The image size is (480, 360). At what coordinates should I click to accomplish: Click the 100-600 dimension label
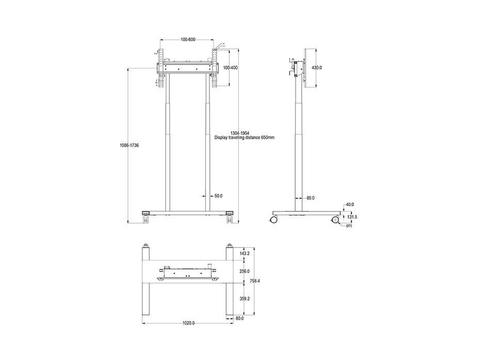click(187, 40)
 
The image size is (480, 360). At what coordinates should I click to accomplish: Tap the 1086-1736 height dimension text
click(129, 145)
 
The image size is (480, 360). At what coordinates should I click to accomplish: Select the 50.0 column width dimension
click(218, 195)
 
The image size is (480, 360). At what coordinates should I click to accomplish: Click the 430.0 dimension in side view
click(316, 68)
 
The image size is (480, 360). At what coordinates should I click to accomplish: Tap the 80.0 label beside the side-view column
click(310, 198)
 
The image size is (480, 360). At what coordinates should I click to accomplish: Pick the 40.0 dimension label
click(350, 205)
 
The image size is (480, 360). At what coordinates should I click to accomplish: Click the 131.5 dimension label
click(352, 217)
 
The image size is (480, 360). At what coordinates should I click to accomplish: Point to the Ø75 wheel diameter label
click(348, 226)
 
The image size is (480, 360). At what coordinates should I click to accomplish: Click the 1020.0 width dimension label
click(188, 323)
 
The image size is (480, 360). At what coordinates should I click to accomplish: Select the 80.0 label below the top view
click(239, 318)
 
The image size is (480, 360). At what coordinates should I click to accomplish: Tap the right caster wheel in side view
click(335, 220)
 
